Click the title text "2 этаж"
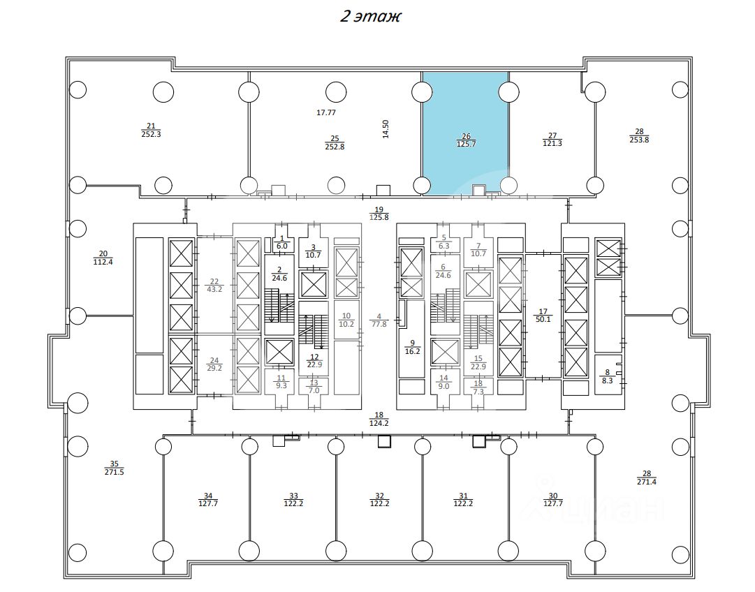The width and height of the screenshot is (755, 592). [x=370, y=16]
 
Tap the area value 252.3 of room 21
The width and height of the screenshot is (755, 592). [x=151, y=134]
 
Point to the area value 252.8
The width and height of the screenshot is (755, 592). [x=335, y=147]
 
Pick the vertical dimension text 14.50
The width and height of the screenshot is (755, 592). [x=386, y=129]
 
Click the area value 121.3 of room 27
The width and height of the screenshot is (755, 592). [x=552, y=143]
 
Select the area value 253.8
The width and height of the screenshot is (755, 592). [x=639, y=139]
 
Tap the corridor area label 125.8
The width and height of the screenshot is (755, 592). [x=379, y=218]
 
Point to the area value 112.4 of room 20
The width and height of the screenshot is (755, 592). [x=103, y=262]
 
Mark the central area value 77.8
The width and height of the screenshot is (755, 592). [x=379, y=323]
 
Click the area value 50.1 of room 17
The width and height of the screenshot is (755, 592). [x=543, y=319]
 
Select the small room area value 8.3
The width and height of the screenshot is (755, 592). [x=607, y=381]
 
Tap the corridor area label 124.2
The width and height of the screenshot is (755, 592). [x=379, y=422]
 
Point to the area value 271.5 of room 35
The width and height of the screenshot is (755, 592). [x=115, y=472]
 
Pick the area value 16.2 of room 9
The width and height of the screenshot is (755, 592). [x=412, y=352]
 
